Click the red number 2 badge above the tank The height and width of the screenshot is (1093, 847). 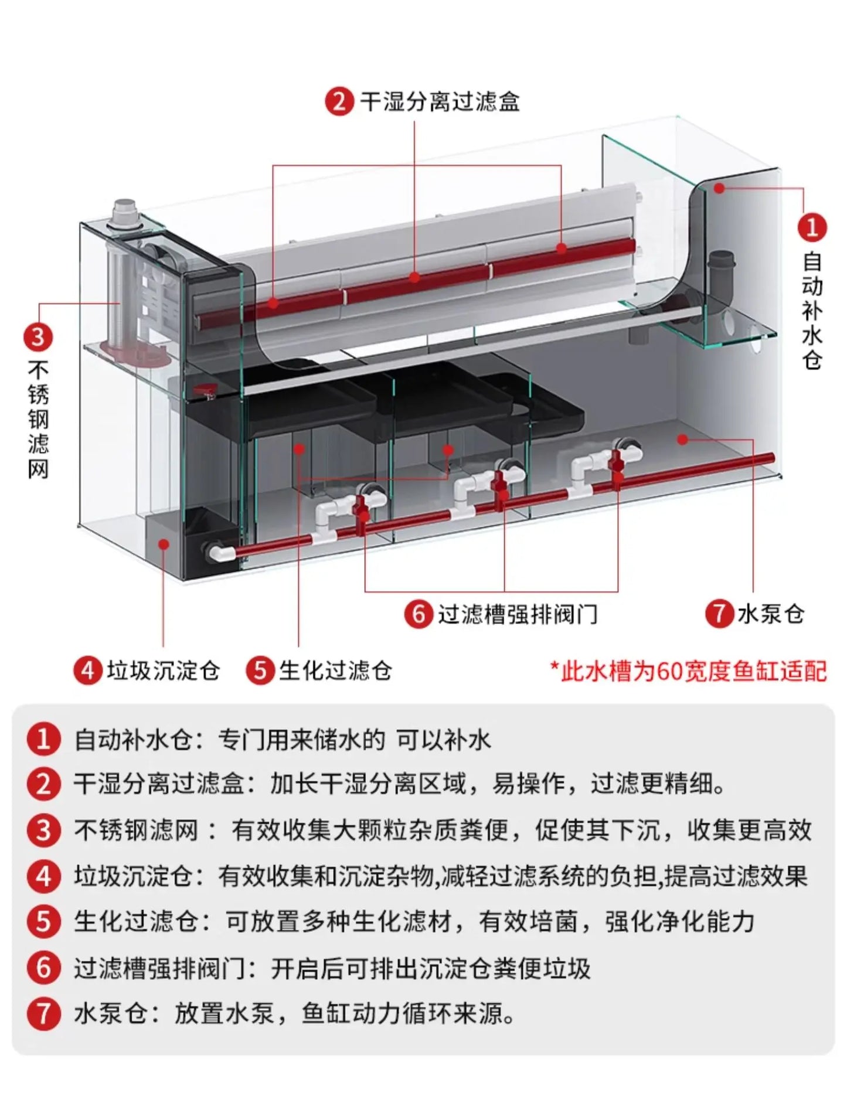point(339,101)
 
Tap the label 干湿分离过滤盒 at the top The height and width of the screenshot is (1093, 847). point(440,101)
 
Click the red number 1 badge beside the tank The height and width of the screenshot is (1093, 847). point(812,227)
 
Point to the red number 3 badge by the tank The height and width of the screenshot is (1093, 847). point(38,337)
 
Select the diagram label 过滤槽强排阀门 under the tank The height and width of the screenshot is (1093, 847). point(518,614)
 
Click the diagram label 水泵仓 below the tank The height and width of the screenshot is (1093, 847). point(771,614)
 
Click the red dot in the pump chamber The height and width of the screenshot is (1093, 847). point(682,439)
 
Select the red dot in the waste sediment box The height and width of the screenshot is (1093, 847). point(164,544)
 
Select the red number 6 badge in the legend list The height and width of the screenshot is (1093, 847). point(43,968)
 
